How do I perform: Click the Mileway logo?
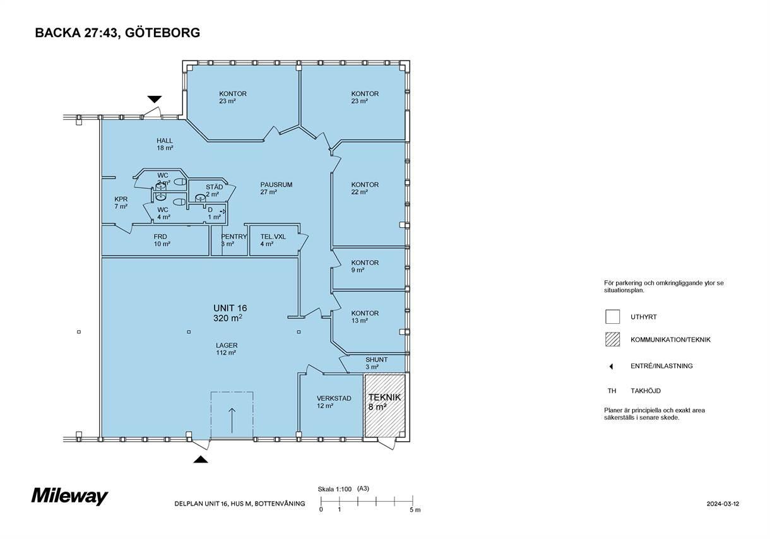click(70, 496)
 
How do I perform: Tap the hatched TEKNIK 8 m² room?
click(384, 406)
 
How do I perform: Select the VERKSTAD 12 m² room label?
click(333, 402)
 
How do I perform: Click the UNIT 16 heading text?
click(230, 308)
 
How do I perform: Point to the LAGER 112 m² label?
click(226, 349)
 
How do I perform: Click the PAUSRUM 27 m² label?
click(276, 188)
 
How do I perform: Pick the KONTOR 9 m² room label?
click(365, 266)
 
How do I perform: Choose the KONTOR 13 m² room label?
click(365, 317)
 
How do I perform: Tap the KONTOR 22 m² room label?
click(365, 188)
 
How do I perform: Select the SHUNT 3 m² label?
click(376, 363)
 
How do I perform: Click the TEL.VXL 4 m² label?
click(273, 240)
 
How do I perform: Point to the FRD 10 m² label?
click(162, 240)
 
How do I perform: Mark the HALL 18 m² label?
click(165, 145)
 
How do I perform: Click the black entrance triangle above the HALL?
click(155, 99)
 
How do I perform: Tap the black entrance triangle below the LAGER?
click(201, 459)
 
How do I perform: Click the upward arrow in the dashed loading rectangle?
click(232, 420)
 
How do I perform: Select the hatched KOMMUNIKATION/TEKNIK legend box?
click(613, 340)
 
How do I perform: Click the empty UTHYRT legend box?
click(613, 317)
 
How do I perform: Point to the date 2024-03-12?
click(723, 504)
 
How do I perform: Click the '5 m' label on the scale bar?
click(415, 509)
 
